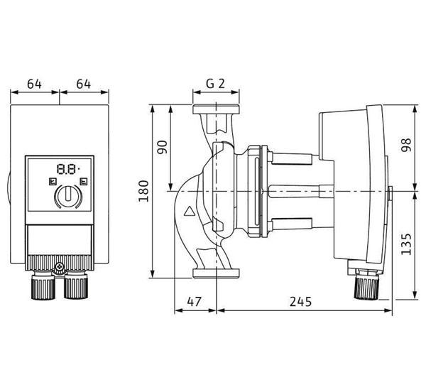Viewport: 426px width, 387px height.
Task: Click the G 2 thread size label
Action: [x=215, y=84]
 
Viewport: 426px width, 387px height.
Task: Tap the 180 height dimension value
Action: [x=143, y=191]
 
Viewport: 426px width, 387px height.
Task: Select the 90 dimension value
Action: [x=163, y=147]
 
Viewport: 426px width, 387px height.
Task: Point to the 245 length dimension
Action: [x=300, y=302]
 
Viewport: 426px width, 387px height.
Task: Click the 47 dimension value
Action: [x=195, y=302]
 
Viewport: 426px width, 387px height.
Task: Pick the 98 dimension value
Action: [x=407, y=145]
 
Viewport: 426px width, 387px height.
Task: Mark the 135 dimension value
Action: [x=407, y=244]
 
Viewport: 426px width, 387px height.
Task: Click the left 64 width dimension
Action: [x=35, y=84]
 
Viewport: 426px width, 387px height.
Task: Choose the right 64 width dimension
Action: [x=83, y=84]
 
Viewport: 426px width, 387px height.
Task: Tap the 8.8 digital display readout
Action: [x=68, y=169]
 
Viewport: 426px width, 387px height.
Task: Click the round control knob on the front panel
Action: [x=68, y=196]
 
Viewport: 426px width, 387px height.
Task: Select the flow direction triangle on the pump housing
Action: [x=190, y=211]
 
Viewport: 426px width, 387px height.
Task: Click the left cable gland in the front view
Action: [x=44, y=285]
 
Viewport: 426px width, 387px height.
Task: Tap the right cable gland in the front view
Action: [x=76, y=285]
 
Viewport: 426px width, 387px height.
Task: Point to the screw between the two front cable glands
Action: [x=59, y=268]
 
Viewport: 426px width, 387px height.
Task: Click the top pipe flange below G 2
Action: [x=216, y=109]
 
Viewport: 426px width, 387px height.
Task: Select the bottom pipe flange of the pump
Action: [x=216, y=273]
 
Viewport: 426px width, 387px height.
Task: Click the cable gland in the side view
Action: [x=366, y=285]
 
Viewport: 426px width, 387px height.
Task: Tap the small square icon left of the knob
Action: [x=53, y=181]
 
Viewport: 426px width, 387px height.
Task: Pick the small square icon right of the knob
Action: [x=84, y=181]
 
